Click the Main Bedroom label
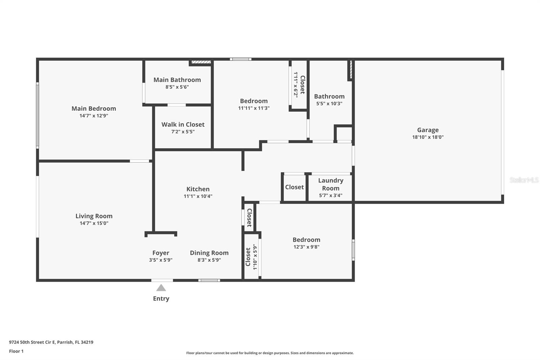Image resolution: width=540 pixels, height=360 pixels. click(94, 109)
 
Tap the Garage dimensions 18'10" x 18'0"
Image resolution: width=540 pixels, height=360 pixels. click(428, 137)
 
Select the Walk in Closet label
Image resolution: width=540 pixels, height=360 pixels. click(183, 125)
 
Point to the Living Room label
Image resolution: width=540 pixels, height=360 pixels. click(94, 216)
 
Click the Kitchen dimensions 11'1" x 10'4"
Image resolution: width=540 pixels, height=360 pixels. click(198, 196)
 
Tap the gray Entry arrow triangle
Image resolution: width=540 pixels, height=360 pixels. click(161, 288)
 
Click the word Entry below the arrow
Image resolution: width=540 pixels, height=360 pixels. click(161, 299)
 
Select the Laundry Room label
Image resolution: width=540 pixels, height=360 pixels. click(331, 184)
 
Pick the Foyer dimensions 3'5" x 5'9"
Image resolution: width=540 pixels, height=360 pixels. click(161, 260)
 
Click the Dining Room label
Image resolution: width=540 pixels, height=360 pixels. click(209, 253)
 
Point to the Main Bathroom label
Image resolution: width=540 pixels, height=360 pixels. click(177, 80)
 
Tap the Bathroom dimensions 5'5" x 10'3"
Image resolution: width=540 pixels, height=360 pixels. click(329, 104)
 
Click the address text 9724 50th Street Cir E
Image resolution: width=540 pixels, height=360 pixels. click(32, 342)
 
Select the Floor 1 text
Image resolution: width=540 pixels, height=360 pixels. click(17, 351)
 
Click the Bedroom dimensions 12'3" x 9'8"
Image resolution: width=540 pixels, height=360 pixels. click(306, 247)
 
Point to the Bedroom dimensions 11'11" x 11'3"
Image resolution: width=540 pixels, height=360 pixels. click(254, 108)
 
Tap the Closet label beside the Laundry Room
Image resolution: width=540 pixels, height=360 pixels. click(294, 187)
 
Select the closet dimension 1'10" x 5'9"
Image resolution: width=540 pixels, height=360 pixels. click(255, 257)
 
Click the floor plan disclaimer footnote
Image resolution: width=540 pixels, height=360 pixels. click(270, 353)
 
